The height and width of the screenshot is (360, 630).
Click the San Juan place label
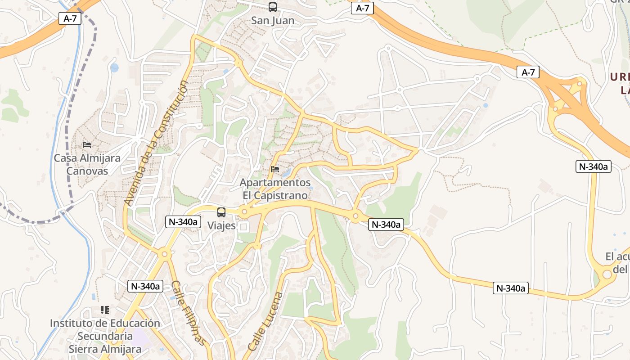tap(273, 21)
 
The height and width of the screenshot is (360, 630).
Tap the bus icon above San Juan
tap(273, 7)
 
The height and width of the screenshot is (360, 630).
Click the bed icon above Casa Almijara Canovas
tap(87, 145)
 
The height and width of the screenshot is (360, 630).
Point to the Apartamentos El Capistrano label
tap(275, 189)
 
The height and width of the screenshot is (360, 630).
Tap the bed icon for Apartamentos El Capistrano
tap(275, 169)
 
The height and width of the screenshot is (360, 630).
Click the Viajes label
tap(221, 225)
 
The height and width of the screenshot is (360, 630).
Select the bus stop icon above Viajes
tap(221, 212)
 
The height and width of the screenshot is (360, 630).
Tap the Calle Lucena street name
tap(265, 321)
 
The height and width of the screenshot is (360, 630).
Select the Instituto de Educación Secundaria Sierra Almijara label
tap(105, 336)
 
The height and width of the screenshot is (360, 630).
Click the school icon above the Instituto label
tap(105, 310)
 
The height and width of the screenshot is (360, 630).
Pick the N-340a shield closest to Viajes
tap(183, 222)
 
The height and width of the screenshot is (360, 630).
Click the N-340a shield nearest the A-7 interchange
tap(593, 166)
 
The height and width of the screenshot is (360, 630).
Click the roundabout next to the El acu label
tap(607, 273)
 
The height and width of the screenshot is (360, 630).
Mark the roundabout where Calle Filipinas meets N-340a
tap(165, 254)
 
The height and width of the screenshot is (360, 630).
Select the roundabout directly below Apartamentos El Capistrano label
tap(244, 211)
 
